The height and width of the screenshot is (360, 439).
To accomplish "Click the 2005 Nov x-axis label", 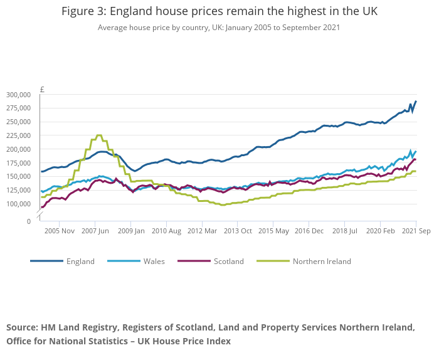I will pyautogui.click(x=59, y=231).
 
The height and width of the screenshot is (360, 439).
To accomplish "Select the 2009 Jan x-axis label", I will pyautogui.click(x=131, y=231).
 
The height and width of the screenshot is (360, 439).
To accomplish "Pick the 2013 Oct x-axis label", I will pyautogui.click(x=238, y=231).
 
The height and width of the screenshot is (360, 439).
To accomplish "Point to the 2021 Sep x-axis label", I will pyautogui.click(x=416, y=231).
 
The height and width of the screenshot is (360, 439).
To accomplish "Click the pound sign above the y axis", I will pyautogui.click(x=42, y=89).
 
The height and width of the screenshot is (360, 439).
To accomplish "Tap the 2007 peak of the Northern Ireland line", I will pyautogui.click(x=99, y=135).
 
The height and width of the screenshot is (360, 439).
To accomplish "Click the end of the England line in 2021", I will pyautogui.click(x=416, y=102).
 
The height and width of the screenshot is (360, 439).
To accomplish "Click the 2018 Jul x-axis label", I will pyautogui.click(x=345, y=231).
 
